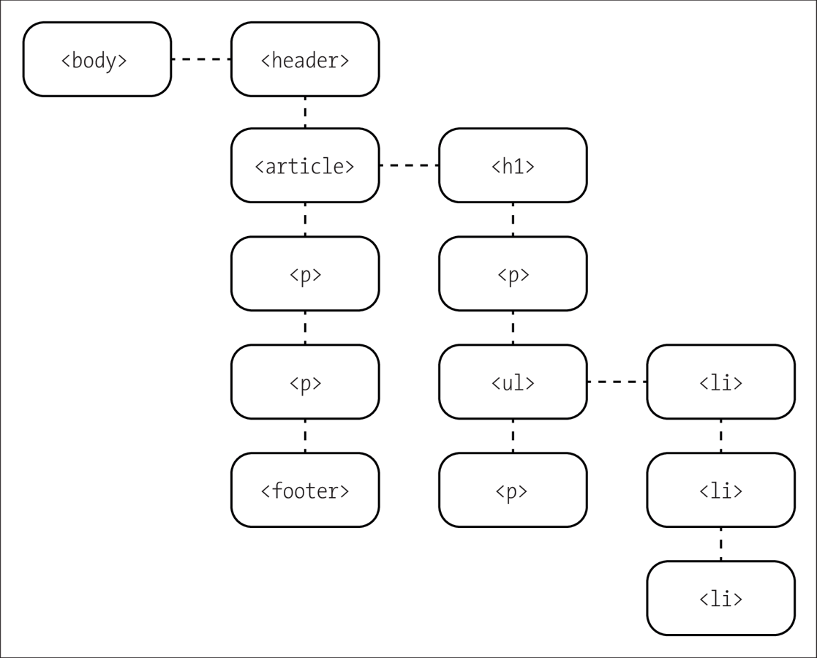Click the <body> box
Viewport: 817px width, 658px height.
pos(97,59)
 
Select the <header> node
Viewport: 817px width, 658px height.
pos(305,59)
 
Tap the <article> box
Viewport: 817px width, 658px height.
pos(305,166)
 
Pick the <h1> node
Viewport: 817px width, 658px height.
pos(513,166)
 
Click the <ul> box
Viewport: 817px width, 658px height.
pos(513,382)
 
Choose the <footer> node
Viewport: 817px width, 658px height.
pos(305,490)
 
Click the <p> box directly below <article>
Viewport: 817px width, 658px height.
pos(305,274)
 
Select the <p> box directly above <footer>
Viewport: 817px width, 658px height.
pos(305,382)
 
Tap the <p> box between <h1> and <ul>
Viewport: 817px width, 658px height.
pos(513,274)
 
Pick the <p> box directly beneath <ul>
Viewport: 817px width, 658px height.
pos(513,490)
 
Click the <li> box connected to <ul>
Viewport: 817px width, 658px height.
pos(720,382)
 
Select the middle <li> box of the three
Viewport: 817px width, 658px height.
pos(720,490)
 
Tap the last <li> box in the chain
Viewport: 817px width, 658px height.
pos(720,598)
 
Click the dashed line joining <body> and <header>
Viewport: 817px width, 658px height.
pos(201,58)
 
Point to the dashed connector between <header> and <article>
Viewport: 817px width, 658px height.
pos(305,113)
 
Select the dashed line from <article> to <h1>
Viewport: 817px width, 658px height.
pos(409,165)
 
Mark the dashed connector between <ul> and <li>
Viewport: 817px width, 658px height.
pos(617,382)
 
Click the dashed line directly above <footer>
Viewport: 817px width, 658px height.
pos(305,436)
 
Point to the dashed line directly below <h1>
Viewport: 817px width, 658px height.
pos(513,219)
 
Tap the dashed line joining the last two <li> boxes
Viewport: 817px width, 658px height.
pos(720,544)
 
